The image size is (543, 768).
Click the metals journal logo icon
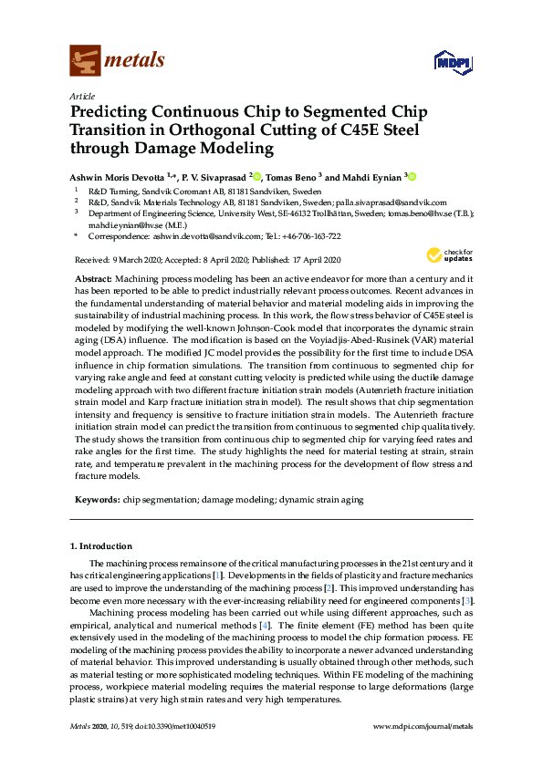pos(84,60)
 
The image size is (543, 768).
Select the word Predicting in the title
pos(110,112)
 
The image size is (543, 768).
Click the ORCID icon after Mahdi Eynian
pos(412,177)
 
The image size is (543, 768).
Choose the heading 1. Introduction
pos(100,546)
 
